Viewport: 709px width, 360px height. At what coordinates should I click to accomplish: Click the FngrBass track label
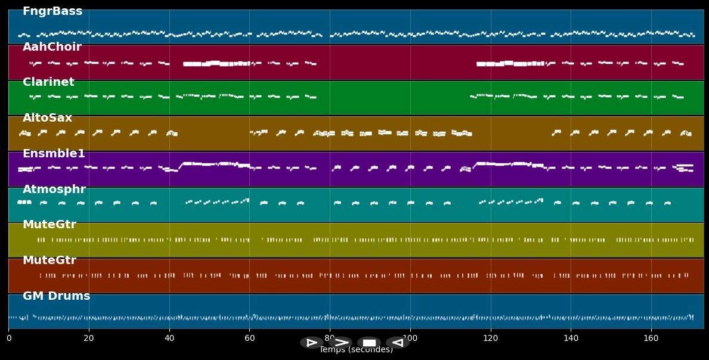point(52,11)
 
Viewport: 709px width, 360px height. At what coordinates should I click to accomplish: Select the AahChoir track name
point(52,47)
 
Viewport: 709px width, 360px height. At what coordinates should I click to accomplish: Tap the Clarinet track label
point(48,82)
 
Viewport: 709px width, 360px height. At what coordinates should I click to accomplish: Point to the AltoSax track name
point(47,118)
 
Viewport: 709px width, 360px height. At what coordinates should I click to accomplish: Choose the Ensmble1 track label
point(54,154)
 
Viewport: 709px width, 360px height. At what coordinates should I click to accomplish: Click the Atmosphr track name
point(54,190)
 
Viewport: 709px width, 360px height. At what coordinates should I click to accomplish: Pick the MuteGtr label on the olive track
point(49,225)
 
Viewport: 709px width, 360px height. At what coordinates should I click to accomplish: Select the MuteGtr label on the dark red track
point(49,260)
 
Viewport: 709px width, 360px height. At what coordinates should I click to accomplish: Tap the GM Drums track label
point(56,296)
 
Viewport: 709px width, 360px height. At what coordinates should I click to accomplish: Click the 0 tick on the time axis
point(9,339)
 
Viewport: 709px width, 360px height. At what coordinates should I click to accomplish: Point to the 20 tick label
point(89,339)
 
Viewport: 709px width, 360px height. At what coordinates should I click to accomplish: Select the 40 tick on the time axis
point(169,339)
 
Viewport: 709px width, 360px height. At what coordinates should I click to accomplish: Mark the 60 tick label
point(250,339)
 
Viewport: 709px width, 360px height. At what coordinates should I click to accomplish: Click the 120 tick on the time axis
point(491,339)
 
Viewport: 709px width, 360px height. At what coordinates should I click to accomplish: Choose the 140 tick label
point(571,339)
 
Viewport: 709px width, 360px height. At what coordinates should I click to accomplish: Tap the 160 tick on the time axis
point(651,339)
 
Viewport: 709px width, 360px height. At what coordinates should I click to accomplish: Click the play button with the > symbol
point(340,343)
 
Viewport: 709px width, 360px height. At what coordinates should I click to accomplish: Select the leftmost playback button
point(311,343)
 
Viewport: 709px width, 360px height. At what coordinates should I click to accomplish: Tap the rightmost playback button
point(397,343)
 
